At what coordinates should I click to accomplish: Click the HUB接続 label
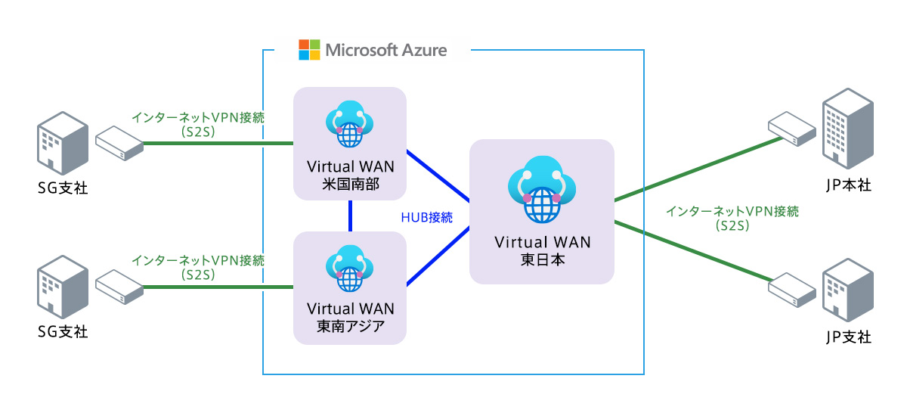coord(426,218)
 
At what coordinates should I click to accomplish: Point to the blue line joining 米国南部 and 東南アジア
coord(351,216)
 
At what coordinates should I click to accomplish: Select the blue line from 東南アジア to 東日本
coord(438,257)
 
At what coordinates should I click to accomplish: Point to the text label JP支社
coord(849,337)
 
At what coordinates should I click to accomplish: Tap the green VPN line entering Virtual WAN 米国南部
coord(219,143)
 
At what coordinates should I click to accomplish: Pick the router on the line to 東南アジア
coord(119,285)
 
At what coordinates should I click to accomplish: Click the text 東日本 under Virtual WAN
coord(541,259)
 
